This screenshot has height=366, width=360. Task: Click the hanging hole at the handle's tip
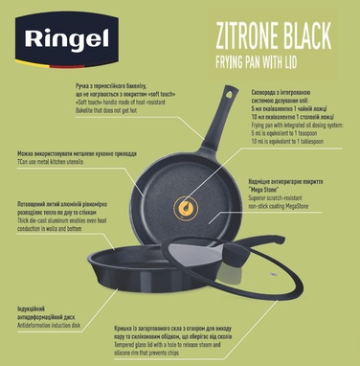click(232, 93)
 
